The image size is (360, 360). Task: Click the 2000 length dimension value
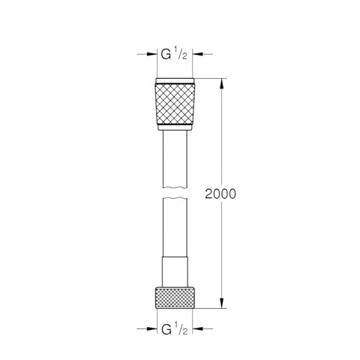[x=220, y=193]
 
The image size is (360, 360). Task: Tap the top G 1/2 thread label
[x=174, y=54]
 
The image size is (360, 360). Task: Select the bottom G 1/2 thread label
[x=174, y=328]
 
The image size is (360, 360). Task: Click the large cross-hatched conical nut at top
[x=175, y=104]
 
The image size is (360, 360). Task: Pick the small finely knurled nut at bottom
[x=175, y=298]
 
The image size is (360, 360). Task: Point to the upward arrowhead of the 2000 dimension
[x=221, y=84]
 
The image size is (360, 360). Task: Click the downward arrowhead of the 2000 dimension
[x=221, y=303]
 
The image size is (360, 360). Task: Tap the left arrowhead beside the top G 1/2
[x=151, y=54]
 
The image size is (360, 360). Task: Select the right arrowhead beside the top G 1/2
[x=198, y=54]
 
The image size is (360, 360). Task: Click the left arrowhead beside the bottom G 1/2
[x=151, y=328]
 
